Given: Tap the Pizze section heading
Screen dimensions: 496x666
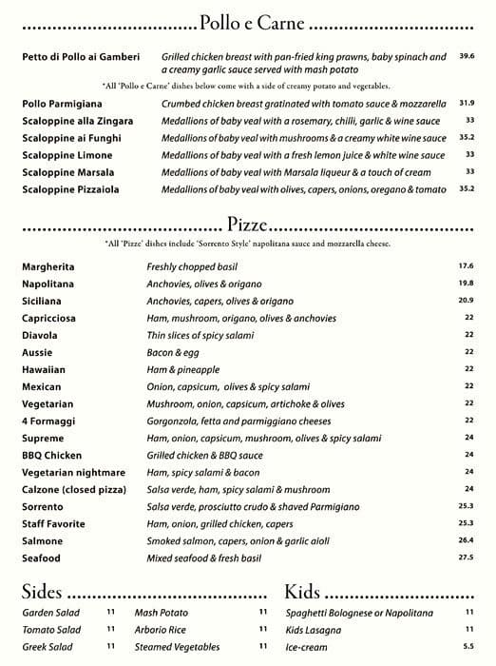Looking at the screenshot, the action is point(247,225).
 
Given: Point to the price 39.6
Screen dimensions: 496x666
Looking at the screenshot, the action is point(467,57).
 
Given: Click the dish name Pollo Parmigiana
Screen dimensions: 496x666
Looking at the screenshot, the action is point(62,103).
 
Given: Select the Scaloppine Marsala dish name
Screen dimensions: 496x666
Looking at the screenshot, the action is point(67,172).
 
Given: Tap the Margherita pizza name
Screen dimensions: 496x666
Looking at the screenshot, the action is point(48,266).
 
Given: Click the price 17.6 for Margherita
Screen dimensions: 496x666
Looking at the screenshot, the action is point(466,266).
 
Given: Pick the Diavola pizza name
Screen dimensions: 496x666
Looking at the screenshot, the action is point(41,335).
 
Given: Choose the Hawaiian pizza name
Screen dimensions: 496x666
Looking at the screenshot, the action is point(44,369).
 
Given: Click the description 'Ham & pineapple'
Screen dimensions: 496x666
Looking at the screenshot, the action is point(183,369).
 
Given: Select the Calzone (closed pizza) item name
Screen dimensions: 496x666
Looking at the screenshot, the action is point(73,489).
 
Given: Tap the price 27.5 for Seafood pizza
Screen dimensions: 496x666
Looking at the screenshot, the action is point(466,558).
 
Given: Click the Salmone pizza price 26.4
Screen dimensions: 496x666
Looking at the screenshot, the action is point(466,540).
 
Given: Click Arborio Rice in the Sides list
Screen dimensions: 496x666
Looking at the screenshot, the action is point(159,630).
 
